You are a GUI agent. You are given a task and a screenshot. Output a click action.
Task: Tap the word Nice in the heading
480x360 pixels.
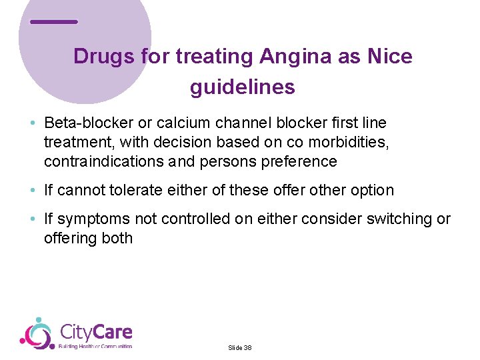[x=389, y=57]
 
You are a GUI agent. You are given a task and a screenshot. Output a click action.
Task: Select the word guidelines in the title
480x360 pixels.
[x=243, y=87]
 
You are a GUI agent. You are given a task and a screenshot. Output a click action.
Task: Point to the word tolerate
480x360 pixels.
[x=127, y=191]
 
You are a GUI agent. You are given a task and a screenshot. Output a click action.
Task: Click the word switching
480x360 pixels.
[x=397, y=219]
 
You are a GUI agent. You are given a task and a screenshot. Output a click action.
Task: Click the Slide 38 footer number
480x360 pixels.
[x=240, y=348]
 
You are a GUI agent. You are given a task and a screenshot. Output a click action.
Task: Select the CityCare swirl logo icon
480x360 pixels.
[x=37, y=333]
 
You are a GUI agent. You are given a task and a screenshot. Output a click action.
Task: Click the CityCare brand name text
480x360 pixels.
[x=96, y=332]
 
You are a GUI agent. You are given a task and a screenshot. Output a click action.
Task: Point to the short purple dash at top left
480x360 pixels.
[x=54, y=22]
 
